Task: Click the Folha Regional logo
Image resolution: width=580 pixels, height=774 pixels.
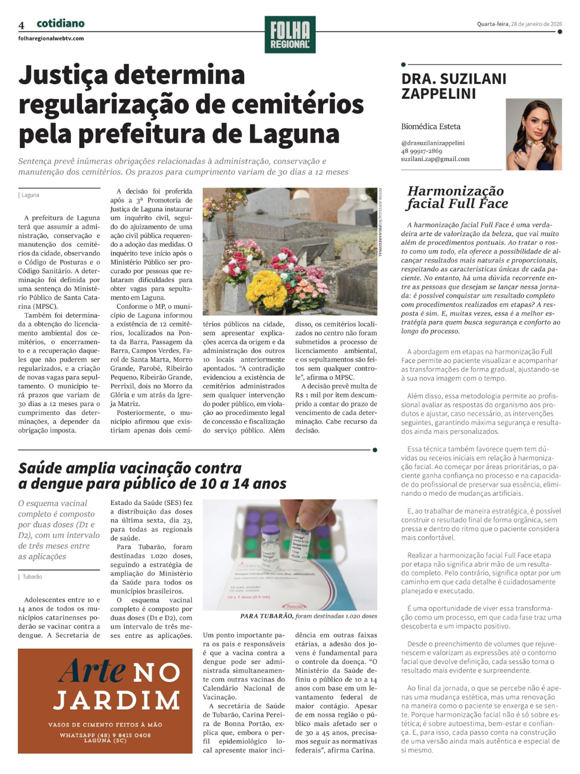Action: pos(290,35)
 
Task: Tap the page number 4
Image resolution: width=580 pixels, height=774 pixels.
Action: pos(21,25)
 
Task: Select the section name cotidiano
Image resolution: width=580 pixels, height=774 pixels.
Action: pos(60,24)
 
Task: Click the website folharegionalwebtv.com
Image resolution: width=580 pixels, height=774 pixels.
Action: pos(51,38)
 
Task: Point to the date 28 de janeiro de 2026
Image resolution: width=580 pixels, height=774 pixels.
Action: pos(536,24)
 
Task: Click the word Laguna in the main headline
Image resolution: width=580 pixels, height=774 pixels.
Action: pos(294,134)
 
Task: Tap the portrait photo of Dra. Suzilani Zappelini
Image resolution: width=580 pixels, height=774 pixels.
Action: pos(534,134)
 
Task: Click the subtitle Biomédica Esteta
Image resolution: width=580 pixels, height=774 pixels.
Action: pos(431,126)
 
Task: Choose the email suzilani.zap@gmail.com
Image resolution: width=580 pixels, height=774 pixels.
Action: pos(435,159)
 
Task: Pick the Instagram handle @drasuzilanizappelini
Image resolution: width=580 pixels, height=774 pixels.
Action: pos(433,143)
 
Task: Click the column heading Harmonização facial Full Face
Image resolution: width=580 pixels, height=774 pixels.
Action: pos(457,197)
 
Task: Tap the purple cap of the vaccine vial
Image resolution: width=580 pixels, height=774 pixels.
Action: pos(270,529)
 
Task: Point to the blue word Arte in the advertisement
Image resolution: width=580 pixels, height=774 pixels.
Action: pos(92,671)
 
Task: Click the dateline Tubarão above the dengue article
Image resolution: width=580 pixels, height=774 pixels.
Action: pos(32,577)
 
